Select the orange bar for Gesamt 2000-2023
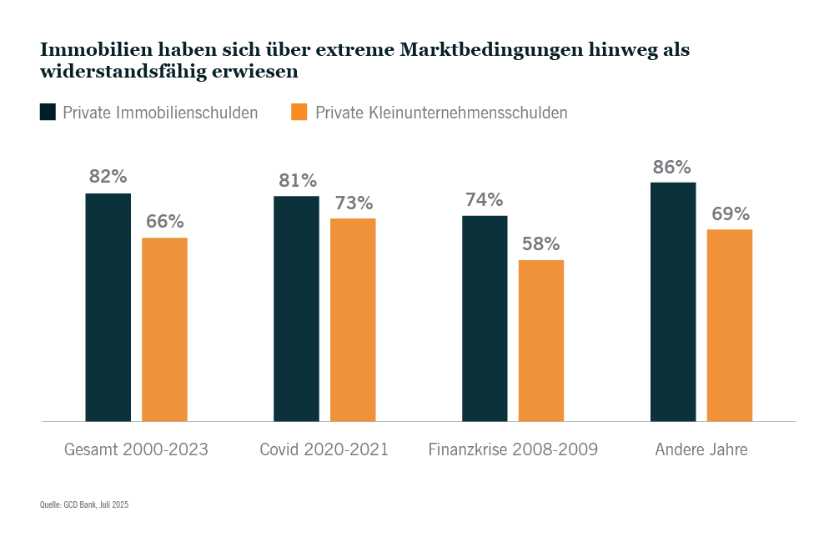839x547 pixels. (x=164, y=329)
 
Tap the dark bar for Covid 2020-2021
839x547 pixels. (x=296, y=309)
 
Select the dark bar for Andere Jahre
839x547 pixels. (x=673, y=301)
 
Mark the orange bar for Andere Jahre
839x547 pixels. (x=730, y=325)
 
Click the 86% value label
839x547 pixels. (x=672, y=168)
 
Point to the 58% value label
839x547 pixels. (x=541, y=245)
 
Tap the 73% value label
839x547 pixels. (x=354, y=203)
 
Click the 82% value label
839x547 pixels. (x=108, y=178)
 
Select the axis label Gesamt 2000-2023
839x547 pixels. (x=136, y=449)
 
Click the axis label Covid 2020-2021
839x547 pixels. (x=324, y=449)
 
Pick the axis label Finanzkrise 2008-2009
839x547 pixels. (x=513, y=449)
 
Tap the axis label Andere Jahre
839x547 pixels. (x=701, y=449)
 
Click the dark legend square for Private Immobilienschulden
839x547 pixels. (x=48, y=112)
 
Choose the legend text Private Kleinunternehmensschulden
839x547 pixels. (x=441, y=112)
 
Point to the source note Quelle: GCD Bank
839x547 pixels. (x=84, y=504)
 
